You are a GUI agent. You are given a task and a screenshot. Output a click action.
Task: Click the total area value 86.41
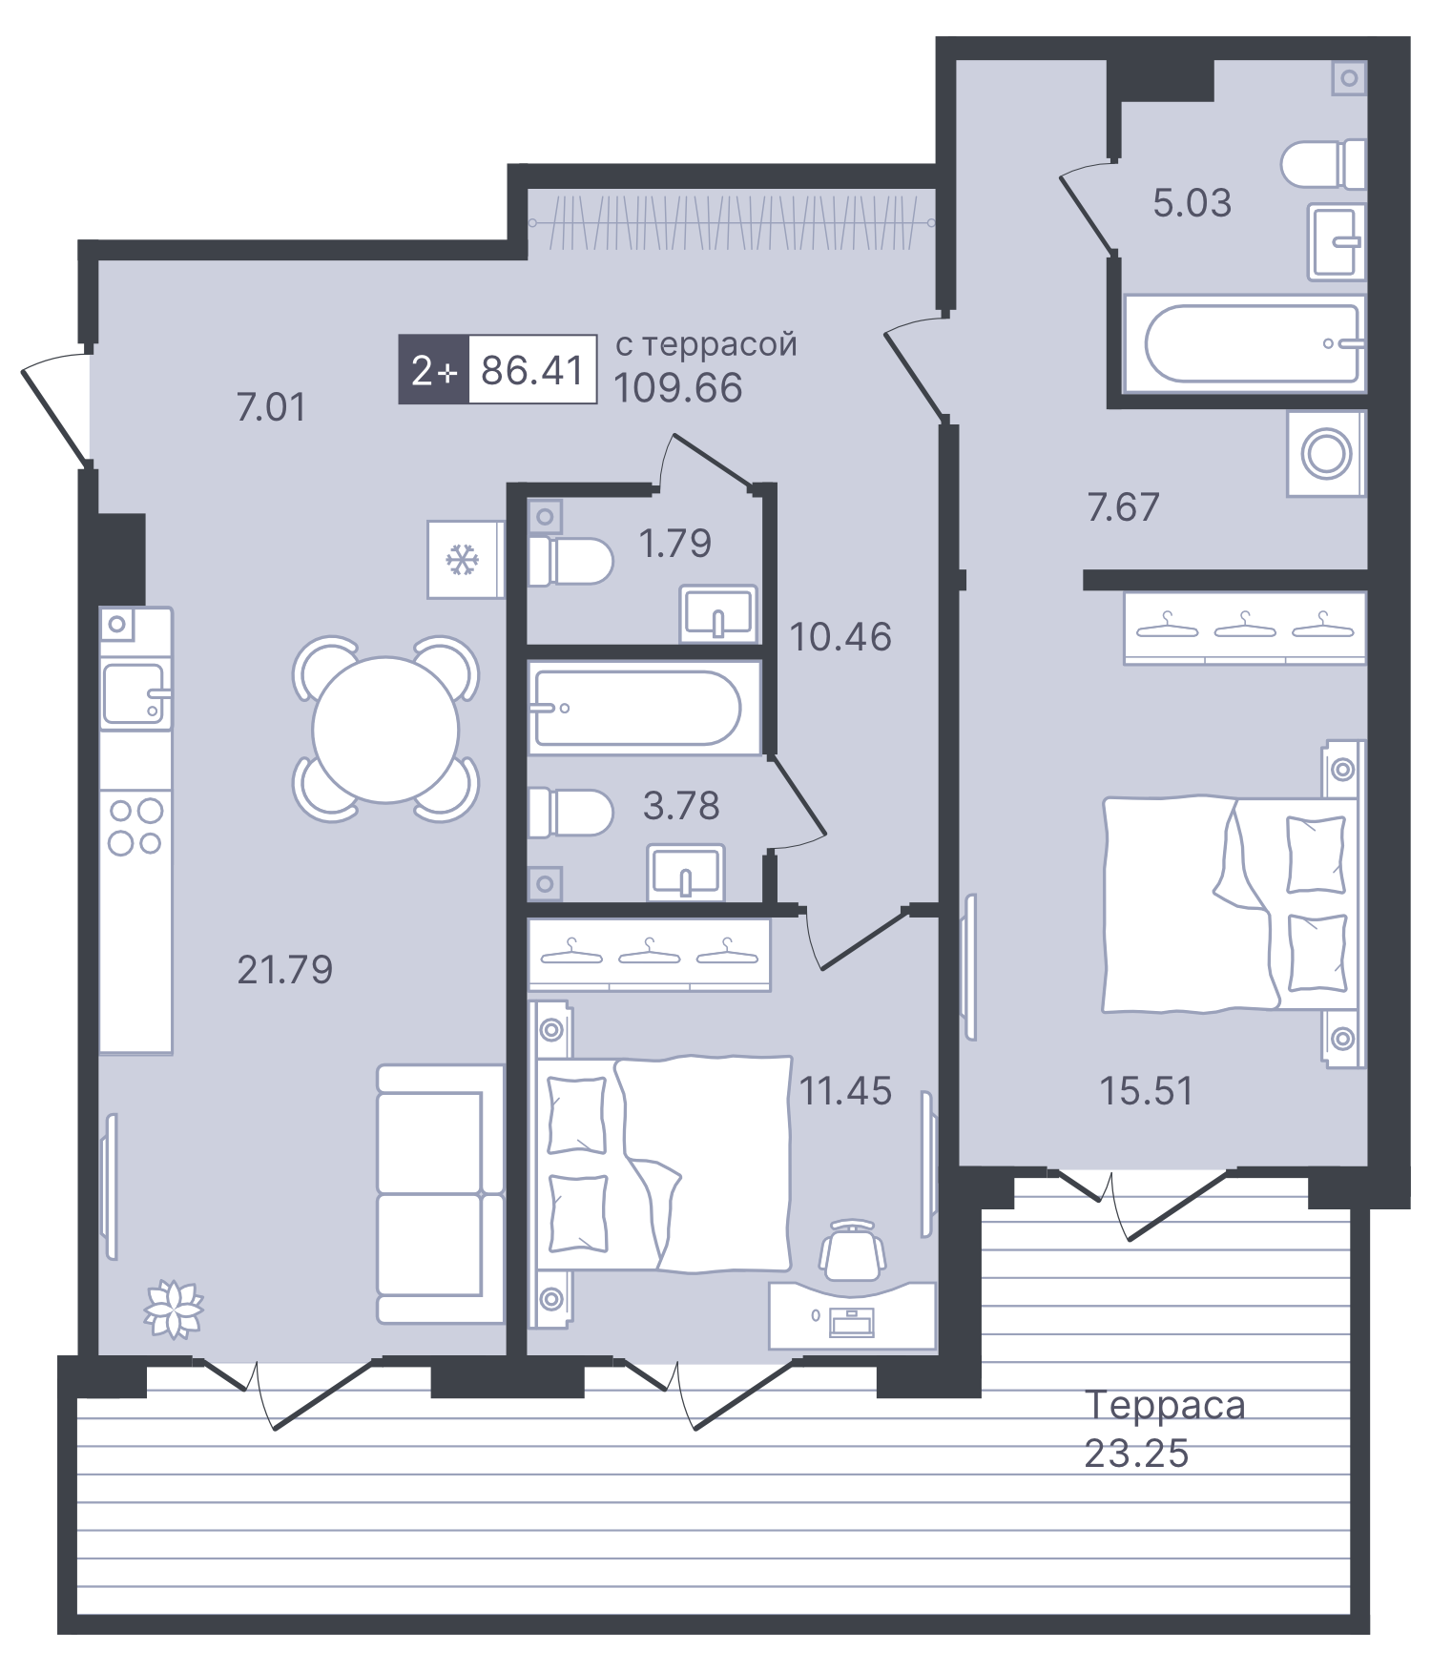click(532, 370)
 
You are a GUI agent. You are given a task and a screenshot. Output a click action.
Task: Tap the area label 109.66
click(677, 388)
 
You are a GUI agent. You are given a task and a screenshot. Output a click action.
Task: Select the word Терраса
click(1165, 1405)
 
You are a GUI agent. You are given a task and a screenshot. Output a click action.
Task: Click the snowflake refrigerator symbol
click(464, 560)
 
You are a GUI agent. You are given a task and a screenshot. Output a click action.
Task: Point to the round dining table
click(385, 729)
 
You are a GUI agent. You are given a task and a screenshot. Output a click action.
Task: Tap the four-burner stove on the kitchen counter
click(135, 826)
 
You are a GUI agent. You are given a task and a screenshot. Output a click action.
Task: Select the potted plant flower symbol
click(174, 1308)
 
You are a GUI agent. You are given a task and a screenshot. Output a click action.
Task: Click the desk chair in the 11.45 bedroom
click(852, 1249)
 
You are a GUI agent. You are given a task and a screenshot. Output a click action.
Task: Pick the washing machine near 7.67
click(1326, 454)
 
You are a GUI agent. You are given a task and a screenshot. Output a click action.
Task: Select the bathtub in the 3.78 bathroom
click(637, 708)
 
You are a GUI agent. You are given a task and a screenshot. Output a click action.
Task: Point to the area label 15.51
click(1146, 1090)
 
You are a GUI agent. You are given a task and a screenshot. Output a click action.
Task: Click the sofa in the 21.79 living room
click(440, 1193)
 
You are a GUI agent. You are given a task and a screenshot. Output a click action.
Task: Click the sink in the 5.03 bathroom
click(1337, 242)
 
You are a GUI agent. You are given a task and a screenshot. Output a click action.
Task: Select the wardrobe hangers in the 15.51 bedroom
click(1244, 627)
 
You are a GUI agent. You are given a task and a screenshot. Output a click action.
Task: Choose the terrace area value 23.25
click(1136, 1454)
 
